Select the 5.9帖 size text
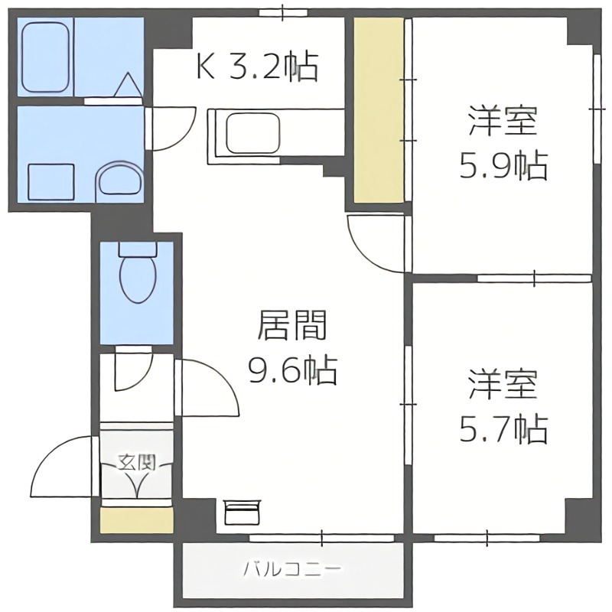click(503, 165)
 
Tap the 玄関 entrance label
click(137, 462)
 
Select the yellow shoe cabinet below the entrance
click(137, 519)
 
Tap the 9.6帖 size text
click(291, 372)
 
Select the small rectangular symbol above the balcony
click(243, 510)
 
